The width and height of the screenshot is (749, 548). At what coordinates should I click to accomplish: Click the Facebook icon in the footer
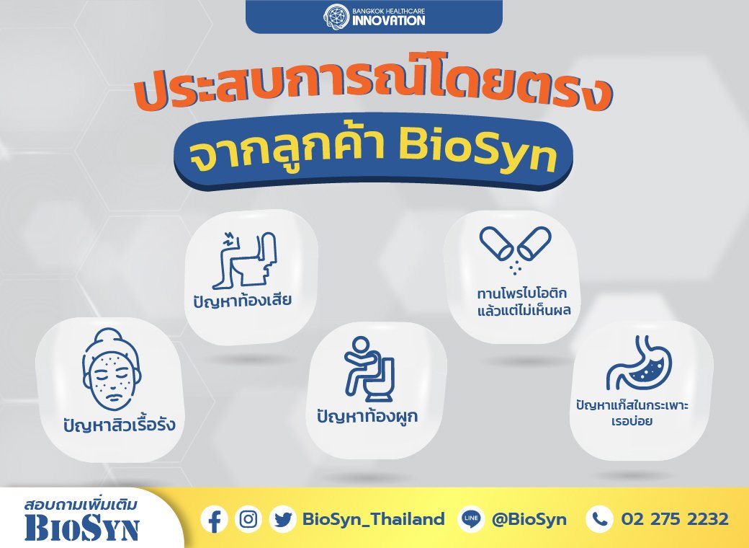click(x=214, y=520)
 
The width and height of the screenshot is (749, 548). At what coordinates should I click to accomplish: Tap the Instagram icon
click(x=248, y=519)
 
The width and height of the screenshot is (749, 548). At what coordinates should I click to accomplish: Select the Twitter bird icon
click(x=282, y=520)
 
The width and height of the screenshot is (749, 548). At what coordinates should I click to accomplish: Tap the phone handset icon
click(x=599, y=519)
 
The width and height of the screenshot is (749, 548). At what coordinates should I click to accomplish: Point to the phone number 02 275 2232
click(x=675, y=519)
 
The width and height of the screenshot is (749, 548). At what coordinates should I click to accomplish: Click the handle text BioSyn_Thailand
click(x=374, y=519)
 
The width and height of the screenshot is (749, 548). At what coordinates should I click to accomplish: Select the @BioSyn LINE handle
click(x=529, y=519)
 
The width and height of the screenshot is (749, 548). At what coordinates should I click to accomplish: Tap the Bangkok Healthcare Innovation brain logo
click(x=337, y=16)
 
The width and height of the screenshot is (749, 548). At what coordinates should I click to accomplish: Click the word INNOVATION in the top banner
click(x=389, y=20)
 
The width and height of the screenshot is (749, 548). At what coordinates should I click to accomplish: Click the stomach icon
click(x=639, y=362)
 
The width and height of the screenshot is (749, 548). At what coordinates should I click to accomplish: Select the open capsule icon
click(x=516, y=248)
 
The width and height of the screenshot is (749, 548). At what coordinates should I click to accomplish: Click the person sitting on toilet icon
click(x=369, y=368)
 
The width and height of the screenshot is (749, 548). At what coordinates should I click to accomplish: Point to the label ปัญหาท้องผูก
click(x=367, y=415)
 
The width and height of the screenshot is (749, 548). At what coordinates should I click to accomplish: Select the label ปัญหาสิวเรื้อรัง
click(x=120, y=423)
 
